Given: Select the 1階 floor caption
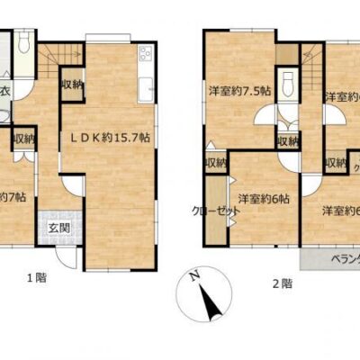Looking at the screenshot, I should pos(35,279).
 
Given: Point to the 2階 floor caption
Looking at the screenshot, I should pos(281,282).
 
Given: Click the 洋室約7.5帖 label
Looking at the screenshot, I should pos(239,90).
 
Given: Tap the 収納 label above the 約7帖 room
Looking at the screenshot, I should pos(24,139).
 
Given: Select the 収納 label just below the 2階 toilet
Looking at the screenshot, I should pos(288,141).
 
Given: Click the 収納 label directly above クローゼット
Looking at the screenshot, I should pos(216,163).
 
